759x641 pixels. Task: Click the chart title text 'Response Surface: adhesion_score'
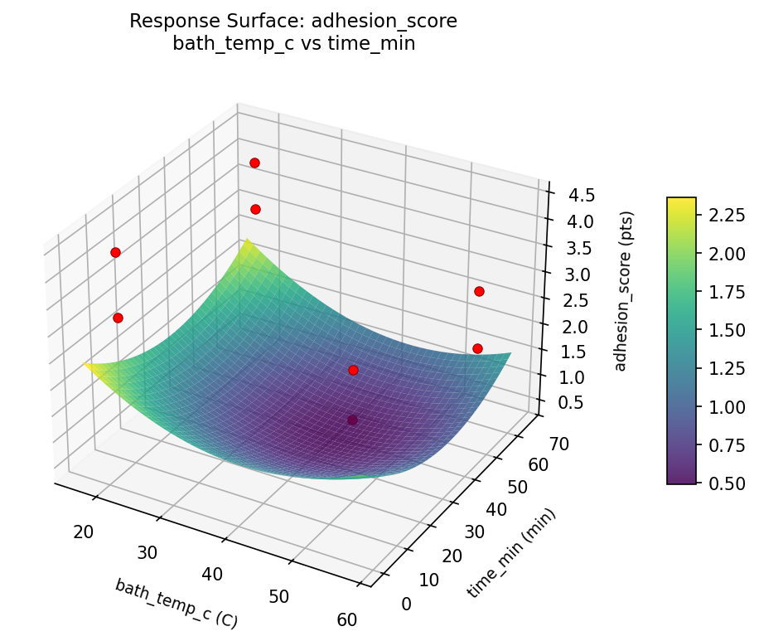[x=293, y=22]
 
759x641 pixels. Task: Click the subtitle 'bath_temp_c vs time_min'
[x=293, y=45]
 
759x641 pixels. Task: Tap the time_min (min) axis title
[x=511, y=552]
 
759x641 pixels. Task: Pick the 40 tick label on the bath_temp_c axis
[x=212, y=573]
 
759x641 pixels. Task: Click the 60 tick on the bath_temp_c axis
[x=347, y=619]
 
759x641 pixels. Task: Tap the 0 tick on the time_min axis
[x=405, y=605]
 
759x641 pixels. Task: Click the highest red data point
[x=254, y=163]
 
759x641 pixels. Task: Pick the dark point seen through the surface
[x=352, y=420]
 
